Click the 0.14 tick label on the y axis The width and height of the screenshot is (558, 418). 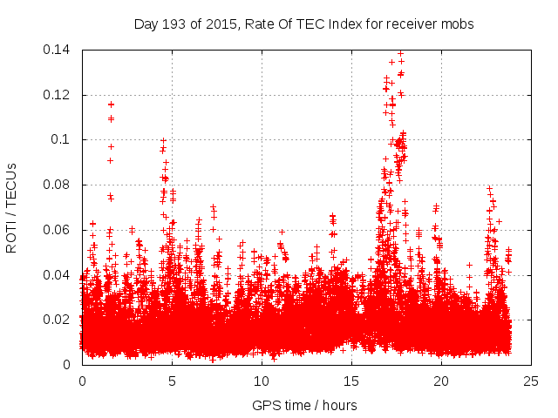pyautogui.click(x=59, y=50)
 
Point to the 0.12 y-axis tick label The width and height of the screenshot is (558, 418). pyautogui.click(x=59, y=95)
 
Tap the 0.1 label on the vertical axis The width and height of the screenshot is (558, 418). pyautogui.click(x=63, y=139)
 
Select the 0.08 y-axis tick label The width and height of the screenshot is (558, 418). pyautogui.click(x=59, y=185)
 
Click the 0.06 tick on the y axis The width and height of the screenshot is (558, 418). pyautogui.click(x=59, y=230)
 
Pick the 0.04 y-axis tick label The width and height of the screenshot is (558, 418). pyautogui.click(x=59, y=275)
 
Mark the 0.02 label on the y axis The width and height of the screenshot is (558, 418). pyautogui.click(x=59, y=320)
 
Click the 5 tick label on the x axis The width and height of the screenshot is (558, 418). pyautogui.click(x=172, y=381)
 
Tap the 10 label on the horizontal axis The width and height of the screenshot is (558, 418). pyautogui.click(x=262, y=381)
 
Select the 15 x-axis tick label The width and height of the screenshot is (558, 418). pyautogui.click(x=351, y=381)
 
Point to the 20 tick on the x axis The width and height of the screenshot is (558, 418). pyautogui.click(x=441, y=381)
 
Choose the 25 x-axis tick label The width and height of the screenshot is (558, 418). pyautogui.click(x=531, y=381)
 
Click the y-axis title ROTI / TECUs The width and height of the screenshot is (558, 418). pyautogui.click(x=12, y=207)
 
